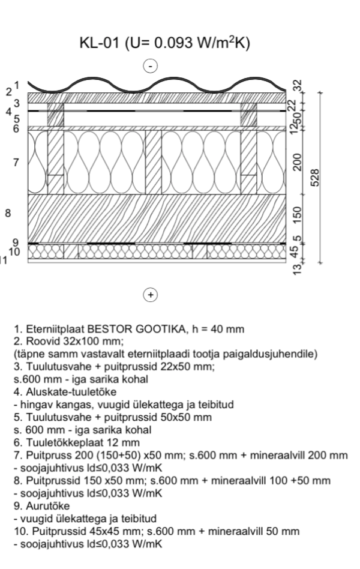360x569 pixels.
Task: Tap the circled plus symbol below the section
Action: tap(151, 295)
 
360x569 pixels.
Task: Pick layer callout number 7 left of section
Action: tap(16, 161)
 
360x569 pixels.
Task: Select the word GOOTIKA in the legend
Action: tap(158, 329)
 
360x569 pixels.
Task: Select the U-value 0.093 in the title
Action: tap(173, 43)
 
